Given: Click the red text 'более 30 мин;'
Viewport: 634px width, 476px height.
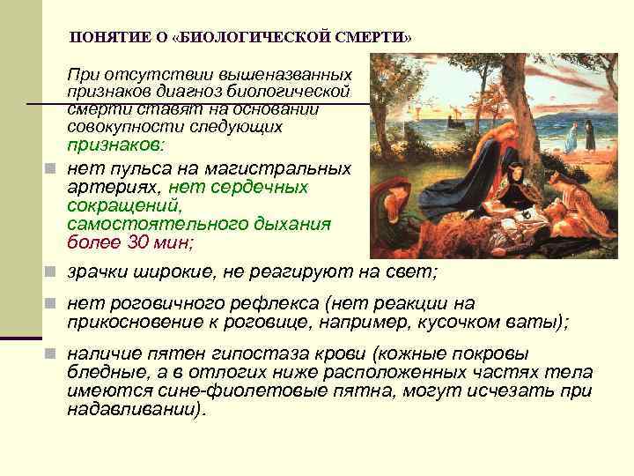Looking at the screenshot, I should pyautogui.click(x=130, y=242).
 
